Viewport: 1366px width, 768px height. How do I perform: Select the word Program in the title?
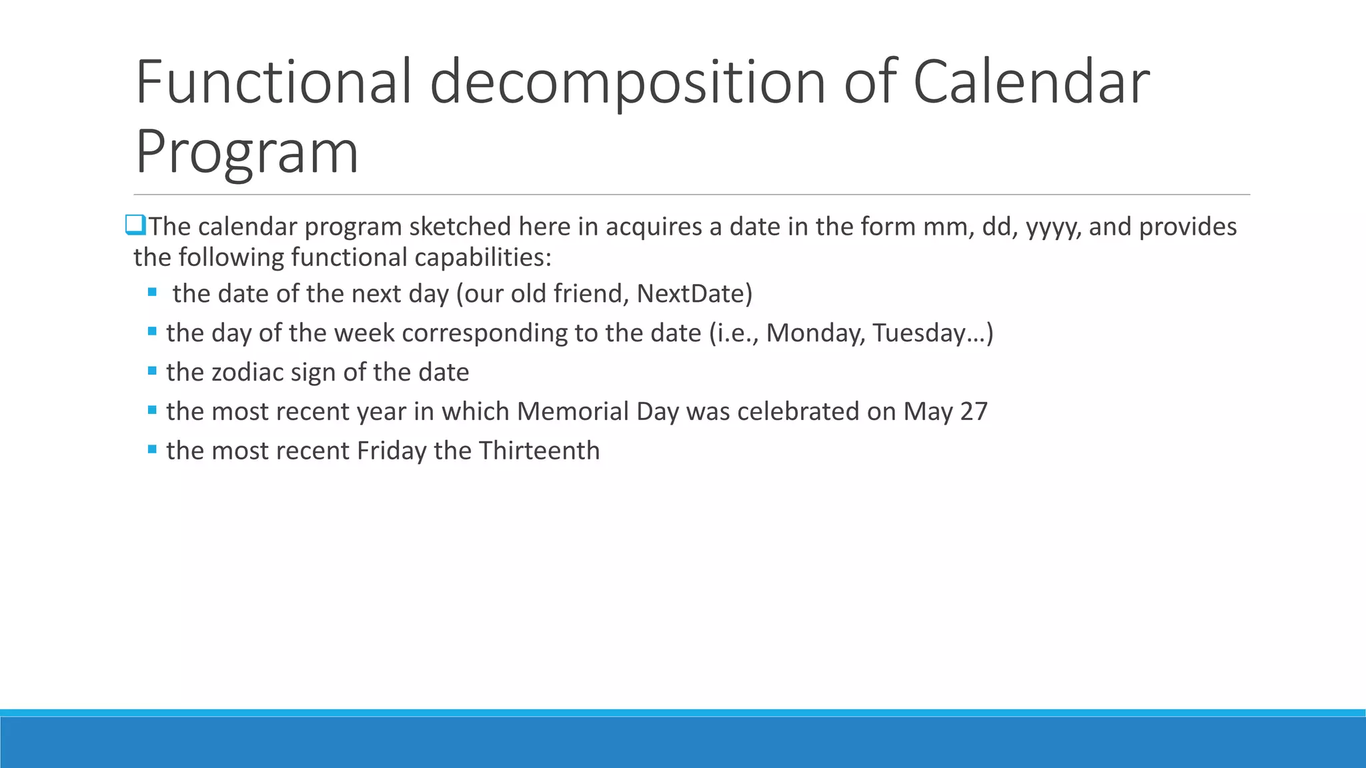pyautogui.click(x=247, y=152)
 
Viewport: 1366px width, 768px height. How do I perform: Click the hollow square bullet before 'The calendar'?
pyautogui.click(x=135, y=225)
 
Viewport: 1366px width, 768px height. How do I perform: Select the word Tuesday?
pyautogui.click(x=924, y=333)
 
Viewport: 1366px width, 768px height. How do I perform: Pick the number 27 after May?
pyautogui.click(x=974, y=411)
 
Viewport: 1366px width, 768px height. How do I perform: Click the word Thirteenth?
pyautogui.click(x=539, y=451)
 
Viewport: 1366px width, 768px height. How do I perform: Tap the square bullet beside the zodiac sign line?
pyautogui.click(x=152, y=371)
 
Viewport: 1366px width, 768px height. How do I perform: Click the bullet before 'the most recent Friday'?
pyautogui.click(x=152, y=449)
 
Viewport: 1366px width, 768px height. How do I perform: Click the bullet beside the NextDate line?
pyautogui.click(x=152, y=292)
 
